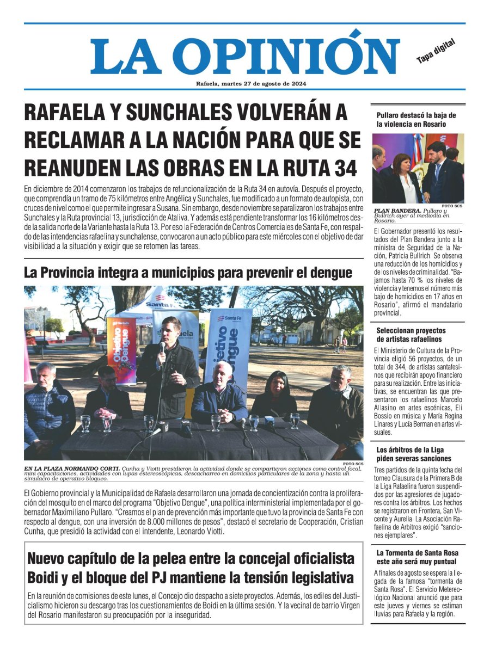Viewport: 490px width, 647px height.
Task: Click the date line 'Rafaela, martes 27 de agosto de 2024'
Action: tap(244, 83)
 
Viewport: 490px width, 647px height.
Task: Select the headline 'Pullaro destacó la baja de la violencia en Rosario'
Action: tap(416, 119)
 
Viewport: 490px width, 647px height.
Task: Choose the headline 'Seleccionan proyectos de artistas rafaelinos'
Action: tap(411, 335)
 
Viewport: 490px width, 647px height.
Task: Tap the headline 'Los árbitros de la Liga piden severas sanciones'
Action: tap(414, 454)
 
